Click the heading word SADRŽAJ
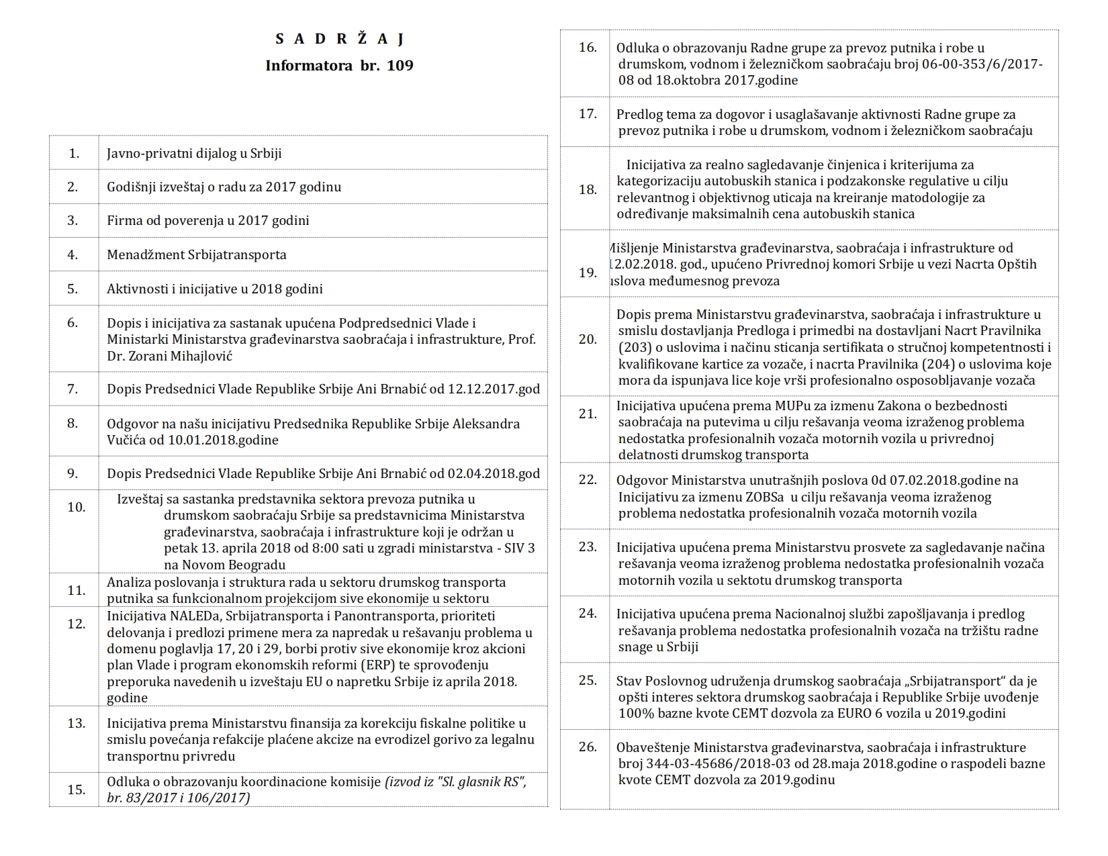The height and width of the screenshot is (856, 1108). [x=339, y=39]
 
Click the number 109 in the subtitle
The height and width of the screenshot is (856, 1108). [x=400, y=66]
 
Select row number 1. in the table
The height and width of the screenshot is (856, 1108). [x=74, y=153]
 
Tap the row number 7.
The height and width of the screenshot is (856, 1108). [x=73, y=389]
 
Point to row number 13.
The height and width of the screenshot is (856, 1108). [x=77, y=723]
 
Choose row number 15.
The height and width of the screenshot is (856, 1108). [x=77, y=790]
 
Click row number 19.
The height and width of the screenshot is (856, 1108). [x=588, y=273]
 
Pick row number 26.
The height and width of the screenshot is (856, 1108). [x=588, y=747]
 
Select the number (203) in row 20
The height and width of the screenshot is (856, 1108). [x=631, y=347]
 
